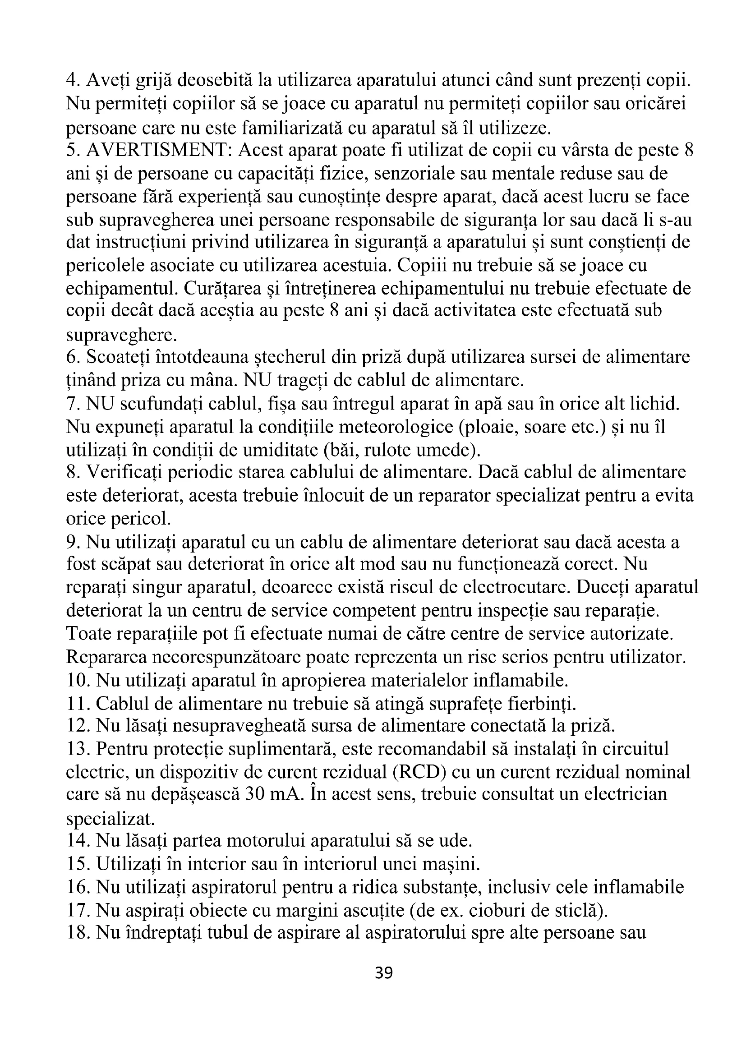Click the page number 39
pyautogui.click(x=383, y=986)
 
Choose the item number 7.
pyautogui.click(x=73, y=404)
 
